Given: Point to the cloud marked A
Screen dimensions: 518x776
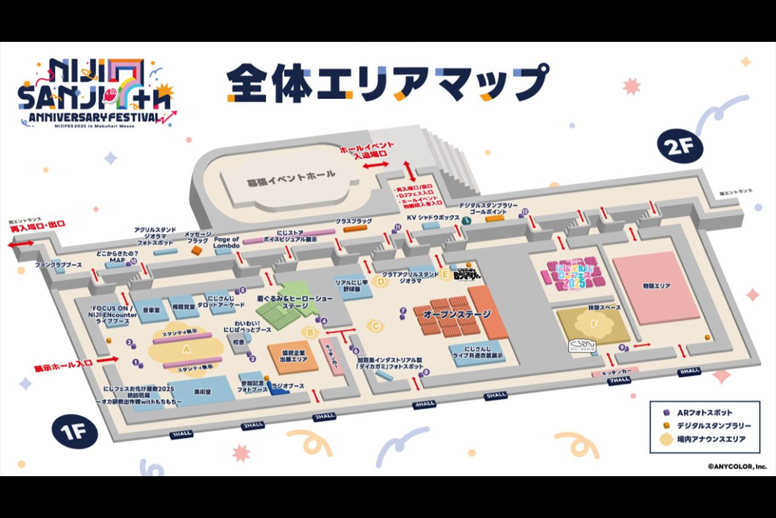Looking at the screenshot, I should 186,349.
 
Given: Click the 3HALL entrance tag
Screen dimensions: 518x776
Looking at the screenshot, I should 324,417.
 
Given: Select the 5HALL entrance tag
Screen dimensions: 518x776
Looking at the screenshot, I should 495,395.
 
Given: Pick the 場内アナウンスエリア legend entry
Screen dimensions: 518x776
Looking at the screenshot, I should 706,439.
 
